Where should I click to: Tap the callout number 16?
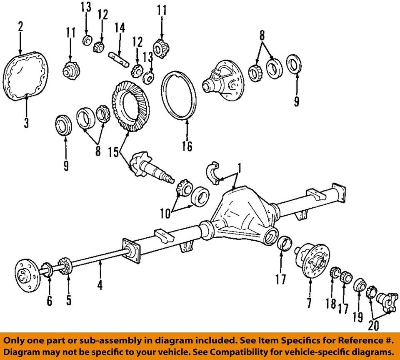[x=187, y=146]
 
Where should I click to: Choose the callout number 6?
[x=50, y=300]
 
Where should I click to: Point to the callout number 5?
[x=69, y=300]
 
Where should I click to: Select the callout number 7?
[x=309, y=302]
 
